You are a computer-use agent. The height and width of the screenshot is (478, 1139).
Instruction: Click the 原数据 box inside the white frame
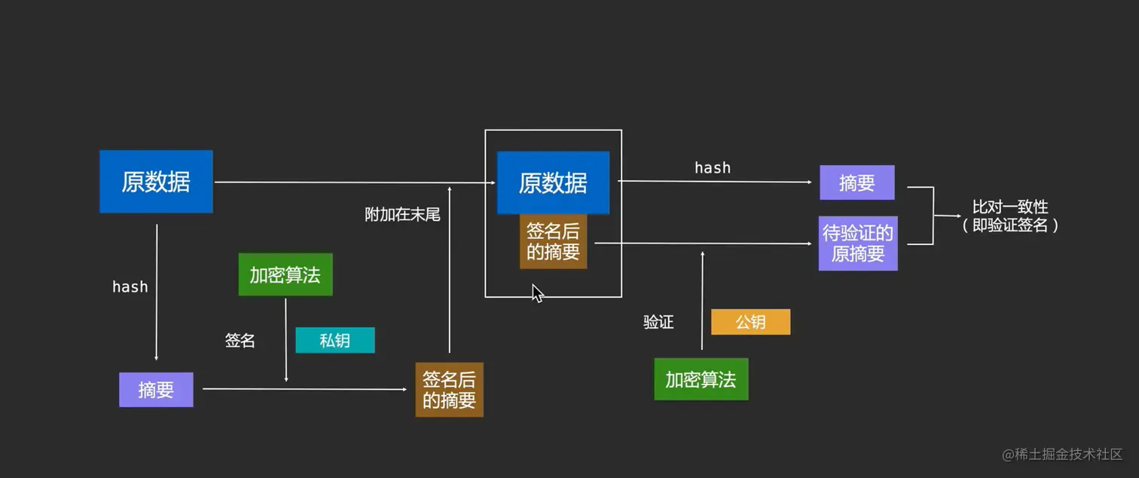(553, 183)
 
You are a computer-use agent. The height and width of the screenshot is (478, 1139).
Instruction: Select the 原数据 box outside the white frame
(156, 182)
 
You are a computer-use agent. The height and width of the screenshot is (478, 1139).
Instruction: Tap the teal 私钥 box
(334, 341)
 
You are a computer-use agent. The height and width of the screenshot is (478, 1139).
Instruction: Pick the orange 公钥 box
(750, 322)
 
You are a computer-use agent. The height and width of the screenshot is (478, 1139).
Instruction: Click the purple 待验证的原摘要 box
(857, 244)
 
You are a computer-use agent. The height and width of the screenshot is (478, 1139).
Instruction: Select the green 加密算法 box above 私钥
(285, 274)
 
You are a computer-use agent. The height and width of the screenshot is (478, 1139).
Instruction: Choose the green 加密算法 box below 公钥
(701, 379)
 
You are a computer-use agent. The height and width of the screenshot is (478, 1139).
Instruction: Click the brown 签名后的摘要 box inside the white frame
(553, 242)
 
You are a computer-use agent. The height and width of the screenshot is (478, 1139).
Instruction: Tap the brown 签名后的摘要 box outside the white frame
(449, 390)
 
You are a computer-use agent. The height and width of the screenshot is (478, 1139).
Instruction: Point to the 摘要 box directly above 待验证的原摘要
(857, 183)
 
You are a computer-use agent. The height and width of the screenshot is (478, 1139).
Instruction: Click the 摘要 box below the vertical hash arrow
(156, 390)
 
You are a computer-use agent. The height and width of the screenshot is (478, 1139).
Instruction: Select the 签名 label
(240, 341)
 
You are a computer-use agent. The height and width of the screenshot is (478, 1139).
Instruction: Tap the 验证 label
(658, 322)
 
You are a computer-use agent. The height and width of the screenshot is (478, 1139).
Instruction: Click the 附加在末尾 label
(402, 215)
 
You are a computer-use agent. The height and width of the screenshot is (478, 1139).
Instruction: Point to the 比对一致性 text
(1009, 207)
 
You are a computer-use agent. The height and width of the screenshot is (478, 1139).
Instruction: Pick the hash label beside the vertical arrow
(130, 286)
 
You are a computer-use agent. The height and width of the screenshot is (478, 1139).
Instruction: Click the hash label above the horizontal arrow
(712, 167)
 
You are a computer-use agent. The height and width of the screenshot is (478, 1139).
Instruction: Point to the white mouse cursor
(537, 293)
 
